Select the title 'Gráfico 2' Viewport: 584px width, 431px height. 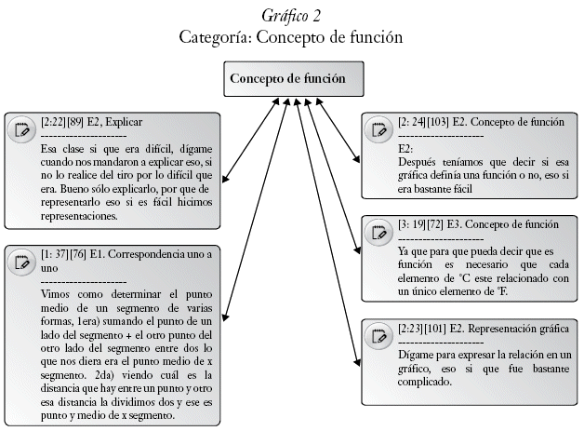click(292, 16)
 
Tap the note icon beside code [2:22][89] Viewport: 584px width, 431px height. click(20, 128)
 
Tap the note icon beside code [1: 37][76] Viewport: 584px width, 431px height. click(20, 261)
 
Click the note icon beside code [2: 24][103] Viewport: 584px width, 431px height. click(378, 128)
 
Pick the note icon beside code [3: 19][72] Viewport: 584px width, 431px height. click(378, 232)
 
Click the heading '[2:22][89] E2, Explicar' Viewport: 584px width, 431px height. click(91, 121)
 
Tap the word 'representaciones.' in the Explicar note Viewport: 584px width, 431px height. click(79, 216)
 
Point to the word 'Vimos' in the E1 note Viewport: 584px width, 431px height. click(56, 294)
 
